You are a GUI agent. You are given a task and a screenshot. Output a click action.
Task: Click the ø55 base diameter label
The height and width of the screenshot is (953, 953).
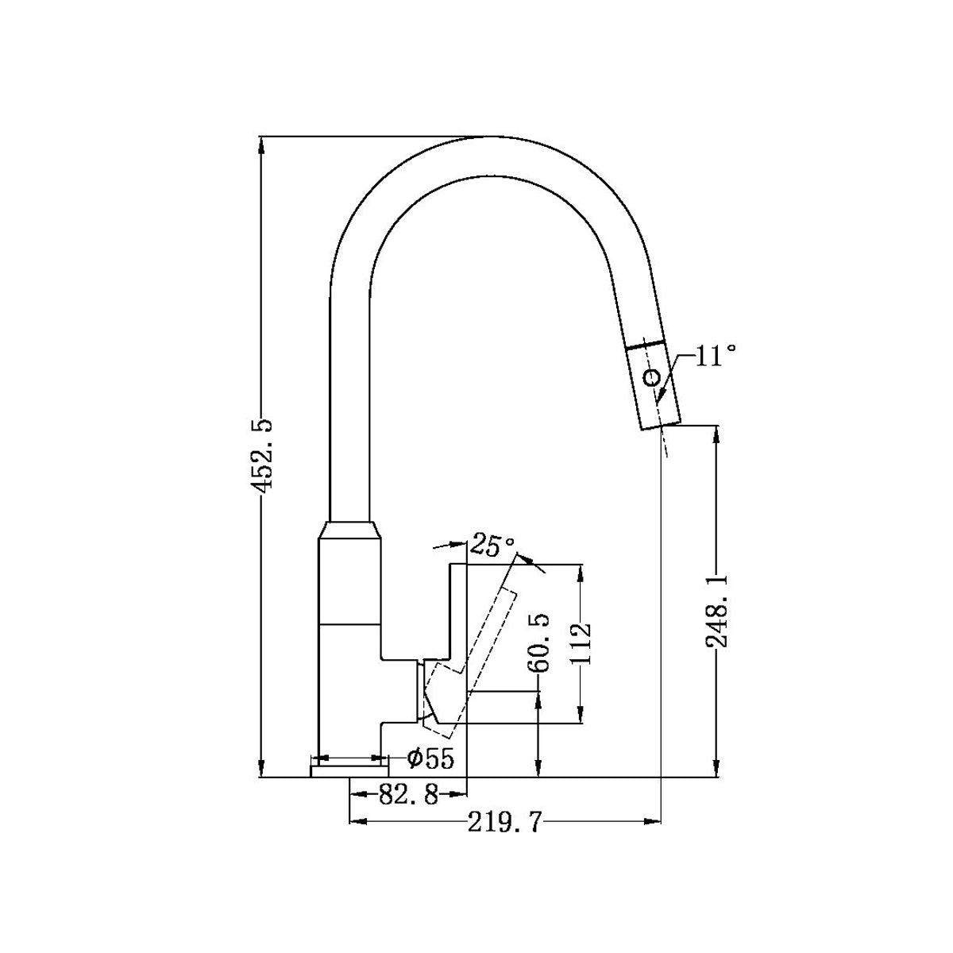click(430, 759)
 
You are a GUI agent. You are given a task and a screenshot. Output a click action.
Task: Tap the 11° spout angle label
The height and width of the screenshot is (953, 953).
click(716, 356)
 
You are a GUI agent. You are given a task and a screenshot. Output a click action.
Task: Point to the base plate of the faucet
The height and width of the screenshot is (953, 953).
click(349, 771)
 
